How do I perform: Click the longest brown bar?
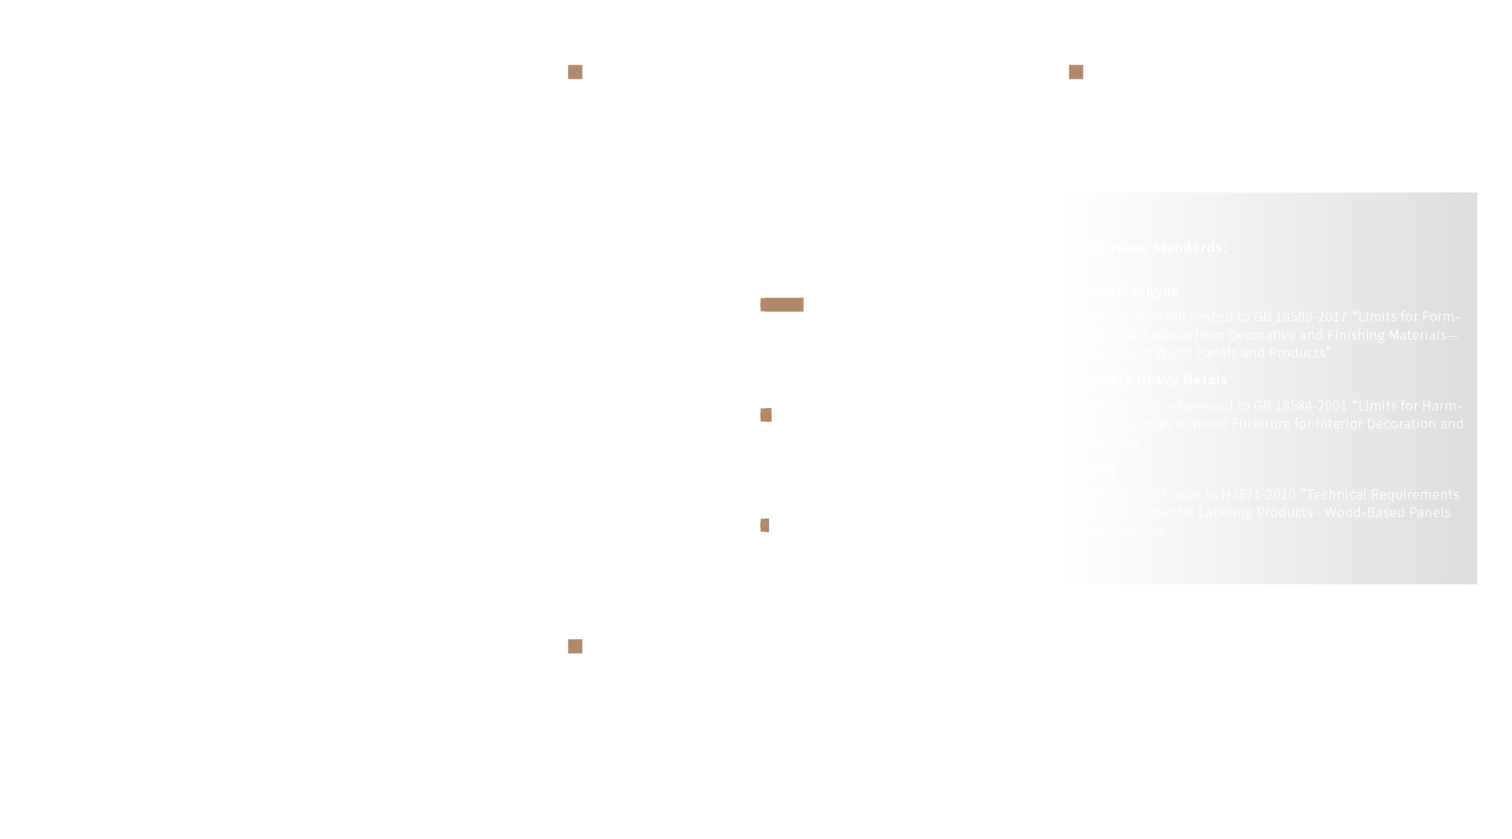pos(782,305)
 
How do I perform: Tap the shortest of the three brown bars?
pos(765,525)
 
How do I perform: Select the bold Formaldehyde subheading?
pos(1130,291)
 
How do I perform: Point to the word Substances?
pos(1136,424)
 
